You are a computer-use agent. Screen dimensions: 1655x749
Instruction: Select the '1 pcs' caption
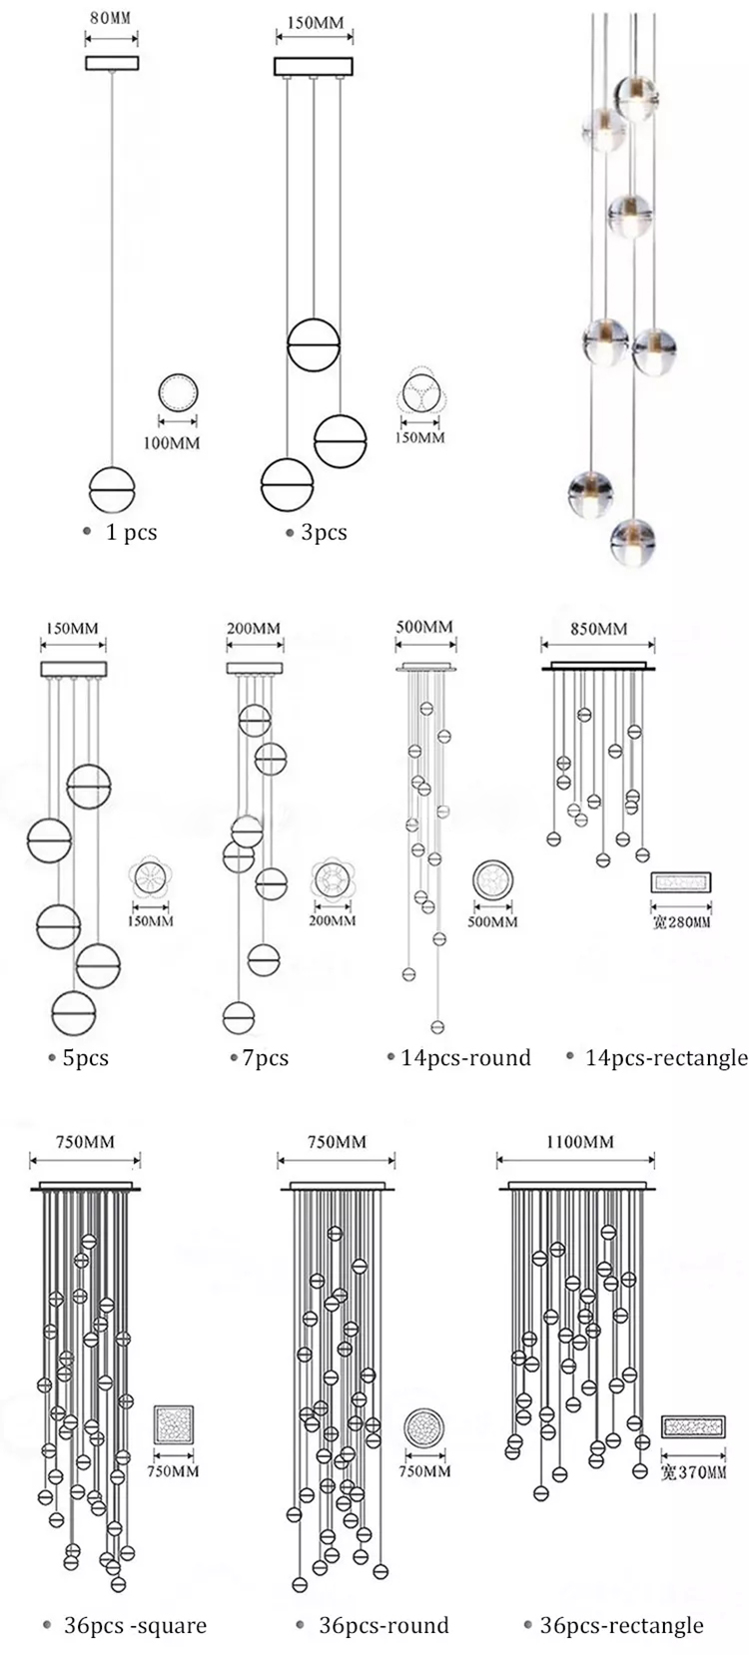point(131,532)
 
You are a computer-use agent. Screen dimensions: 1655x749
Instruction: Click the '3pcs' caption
point(323,532)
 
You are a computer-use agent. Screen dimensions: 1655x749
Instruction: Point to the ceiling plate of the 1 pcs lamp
point(111,63)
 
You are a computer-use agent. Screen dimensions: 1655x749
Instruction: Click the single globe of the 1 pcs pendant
point(111,489)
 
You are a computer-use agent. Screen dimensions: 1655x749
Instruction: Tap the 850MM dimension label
point(598,628)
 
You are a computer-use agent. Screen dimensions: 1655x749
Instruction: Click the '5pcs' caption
point(85,1058)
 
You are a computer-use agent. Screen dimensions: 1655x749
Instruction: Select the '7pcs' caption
point(265,1058)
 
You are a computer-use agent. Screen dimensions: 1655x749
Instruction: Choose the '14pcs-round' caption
point(465,1058)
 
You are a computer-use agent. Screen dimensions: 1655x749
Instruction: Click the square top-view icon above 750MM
point(173,1425)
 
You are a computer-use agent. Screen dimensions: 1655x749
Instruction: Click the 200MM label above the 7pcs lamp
point(253,628)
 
